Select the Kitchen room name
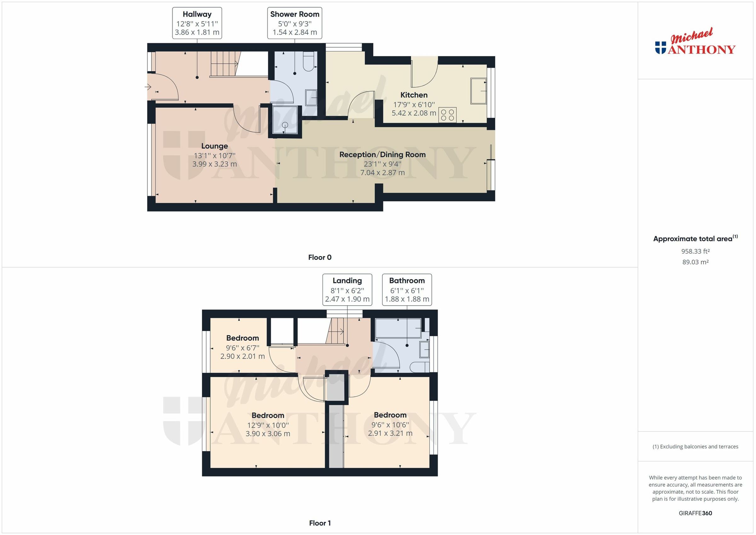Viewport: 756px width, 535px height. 414,95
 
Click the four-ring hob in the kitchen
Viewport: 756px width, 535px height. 448,115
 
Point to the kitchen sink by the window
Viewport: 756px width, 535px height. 478,91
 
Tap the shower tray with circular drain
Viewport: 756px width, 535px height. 285,121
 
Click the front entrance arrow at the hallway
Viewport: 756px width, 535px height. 148,87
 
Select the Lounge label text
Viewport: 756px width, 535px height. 214,146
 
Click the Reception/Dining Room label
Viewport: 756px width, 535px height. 382,154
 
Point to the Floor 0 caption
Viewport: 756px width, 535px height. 319,257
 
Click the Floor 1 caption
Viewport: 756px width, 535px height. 319,523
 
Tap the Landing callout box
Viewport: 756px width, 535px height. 347,290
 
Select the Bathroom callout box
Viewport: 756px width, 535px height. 407,290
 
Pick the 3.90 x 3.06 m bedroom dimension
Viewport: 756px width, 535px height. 268,434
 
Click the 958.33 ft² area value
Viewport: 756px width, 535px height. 695,251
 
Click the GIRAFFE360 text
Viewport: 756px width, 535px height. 695,513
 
